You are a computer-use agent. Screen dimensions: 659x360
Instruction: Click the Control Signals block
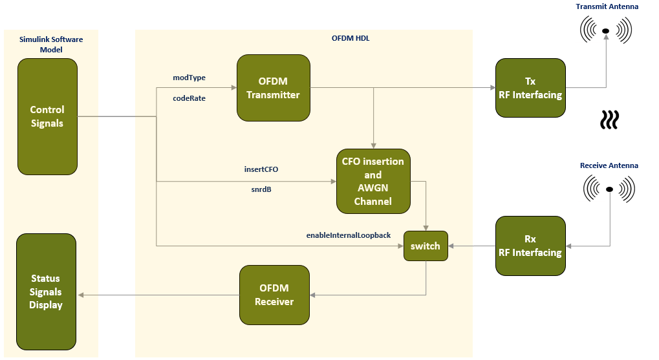tap(47, 116)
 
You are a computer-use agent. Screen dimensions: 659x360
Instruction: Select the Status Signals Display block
tap(46, 291)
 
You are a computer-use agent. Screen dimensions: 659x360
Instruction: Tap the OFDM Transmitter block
tap(274, 88)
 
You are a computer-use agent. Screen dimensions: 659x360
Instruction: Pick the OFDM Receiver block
tap(274, 295)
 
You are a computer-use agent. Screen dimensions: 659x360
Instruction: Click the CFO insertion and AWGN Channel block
tap(373, 181)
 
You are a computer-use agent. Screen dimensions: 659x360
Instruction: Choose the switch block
tap(426, 246)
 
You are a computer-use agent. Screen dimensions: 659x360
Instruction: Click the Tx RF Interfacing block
tap(530, 88)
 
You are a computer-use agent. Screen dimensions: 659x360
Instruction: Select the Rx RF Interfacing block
tap(530, 246)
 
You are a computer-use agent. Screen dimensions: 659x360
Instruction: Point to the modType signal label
tap(189, 78)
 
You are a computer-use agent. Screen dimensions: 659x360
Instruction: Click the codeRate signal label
tap(189, 98)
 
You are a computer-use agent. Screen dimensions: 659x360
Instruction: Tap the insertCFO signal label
tap(261, 169)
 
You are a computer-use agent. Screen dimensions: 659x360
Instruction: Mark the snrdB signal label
tap(261, 189)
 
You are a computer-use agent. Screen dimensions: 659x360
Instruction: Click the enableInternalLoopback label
tap(349, 235)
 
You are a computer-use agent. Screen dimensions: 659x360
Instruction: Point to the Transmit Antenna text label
tap(607, 6)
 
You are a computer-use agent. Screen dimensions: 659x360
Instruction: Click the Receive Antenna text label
tap(609, 165)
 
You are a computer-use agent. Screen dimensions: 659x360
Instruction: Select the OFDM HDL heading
tap(351, 38)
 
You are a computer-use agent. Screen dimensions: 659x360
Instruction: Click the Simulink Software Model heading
tap(51, 45)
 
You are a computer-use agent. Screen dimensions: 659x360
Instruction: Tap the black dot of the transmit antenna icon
tap(605, 30)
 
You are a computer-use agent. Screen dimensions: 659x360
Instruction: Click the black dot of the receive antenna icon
tap(609, 189)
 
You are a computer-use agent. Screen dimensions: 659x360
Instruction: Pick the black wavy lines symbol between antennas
tap(609, 120)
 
